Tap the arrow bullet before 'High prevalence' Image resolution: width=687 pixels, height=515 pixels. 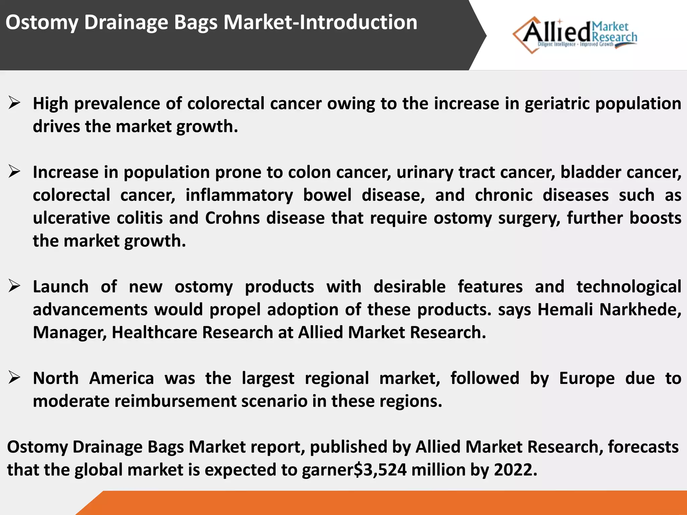14,103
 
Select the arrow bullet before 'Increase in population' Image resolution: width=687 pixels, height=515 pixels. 14,172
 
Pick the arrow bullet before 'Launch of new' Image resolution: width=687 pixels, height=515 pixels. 14,286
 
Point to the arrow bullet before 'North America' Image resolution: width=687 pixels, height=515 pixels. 14,378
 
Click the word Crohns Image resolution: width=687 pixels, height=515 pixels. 232,218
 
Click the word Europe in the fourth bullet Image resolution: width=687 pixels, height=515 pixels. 587,378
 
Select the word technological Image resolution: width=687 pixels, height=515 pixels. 629,287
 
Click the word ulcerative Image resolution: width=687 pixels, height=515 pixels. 71,218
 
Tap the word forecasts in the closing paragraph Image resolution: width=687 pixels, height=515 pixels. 643,447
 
